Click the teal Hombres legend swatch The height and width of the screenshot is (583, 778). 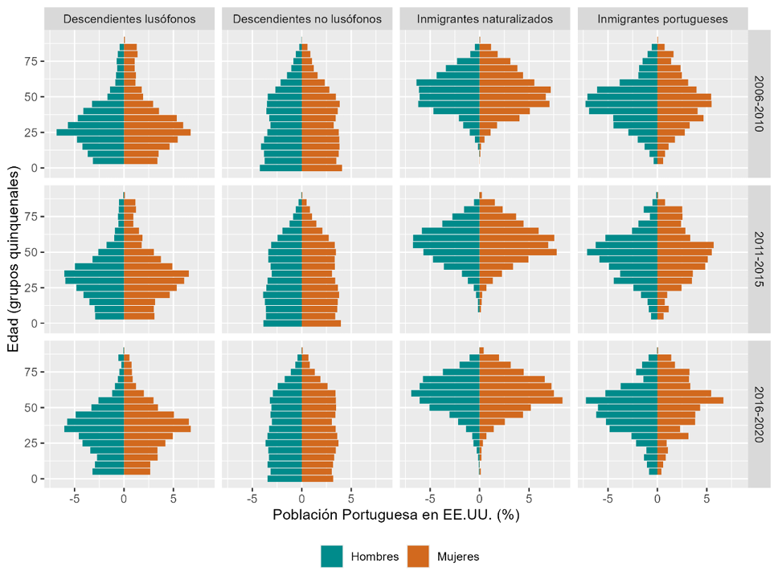[x=332, y=556]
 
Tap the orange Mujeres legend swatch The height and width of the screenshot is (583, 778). [x=419, y=556]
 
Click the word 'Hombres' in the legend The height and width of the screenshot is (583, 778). [x=375, y=556]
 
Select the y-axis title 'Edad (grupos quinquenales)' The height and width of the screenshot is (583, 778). [x=13, y=259]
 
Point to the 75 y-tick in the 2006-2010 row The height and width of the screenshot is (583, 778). [x=30, y=61]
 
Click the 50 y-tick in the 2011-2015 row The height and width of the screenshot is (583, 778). [x=30, y=252]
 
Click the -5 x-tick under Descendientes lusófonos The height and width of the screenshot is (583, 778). [x=73, y=498]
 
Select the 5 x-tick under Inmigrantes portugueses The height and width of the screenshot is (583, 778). [x=706, y=498]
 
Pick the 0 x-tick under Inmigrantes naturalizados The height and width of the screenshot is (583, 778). [x=479, y=498]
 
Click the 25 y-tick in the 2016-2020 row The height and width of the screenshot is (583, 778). [x=30, y=443]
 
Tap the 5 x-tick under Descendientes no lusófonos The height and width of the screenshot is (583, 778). [x=351, y=498]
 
